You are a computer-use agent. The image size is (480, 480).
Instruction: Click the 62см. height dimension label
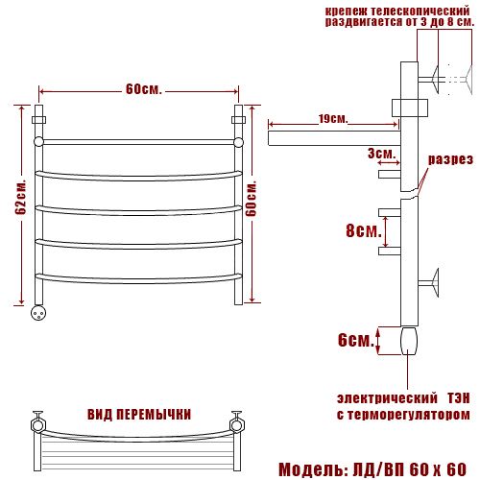tap(21, 198)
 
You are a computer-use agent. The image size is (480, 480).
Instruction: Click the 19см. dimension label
tap(333, 119)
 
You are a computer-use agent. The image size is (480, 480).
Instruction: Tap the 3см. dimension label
tap(381, 154)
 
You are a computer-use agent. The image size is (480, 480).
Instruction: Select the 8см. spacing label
tap(364, 230)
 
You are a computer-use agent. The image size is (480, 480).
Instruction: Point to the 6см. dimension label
tap(356, 340)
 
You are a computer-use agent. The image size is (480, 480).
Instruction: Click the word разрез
tap(450, 159)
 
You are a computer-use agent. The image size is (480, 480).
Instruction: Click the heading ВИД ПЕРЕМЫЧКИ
tap(139, 415)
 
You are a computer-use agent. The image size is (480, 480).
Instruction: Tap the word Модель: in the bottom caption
tap(314, 469)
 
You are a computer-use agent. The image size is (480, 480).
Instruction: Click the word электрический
tap(387, 398)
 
